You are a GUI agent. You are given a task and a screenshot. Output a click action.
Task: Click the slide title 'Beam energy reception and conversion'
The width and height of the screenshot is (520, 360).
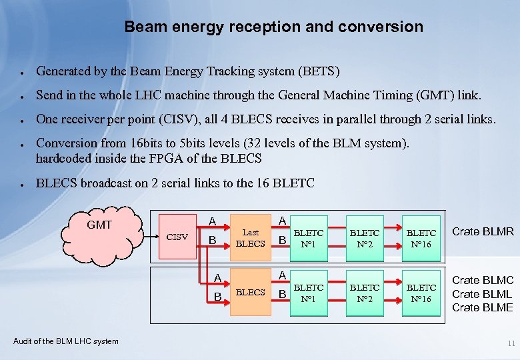coord(273,27)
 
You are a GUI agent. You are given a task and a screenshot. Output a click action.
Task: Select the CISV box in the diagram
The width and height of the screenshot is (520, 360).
coord(177,237)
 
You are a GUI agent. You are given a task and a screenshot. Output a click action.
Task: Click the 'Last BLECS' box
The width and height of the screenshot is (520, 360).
coord(251,238)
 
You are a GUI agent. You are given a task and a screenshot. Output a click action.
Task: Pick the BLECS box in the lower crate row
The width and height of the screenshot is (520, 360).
coord(251,293)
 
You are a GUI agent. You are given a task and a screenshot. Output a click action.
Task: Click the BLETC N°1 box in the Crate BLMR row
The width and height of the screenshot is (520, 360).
coord(309,238)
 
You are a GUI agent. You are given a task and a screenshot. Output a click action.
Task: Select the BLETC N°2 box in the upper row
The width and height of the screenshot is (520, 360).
coord(365,238)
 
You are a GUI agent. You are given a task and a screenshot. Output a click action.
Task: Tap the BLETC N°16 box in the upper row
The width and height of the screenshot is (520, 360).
coord(421,238)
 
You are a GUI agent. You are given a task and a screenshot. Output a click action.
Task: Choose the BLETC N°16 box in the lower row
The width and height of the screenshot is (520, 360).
coord(421,293)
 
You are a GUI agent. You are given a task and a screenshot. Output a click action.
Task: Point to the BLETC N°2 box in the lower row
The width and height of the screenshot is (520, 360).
coord(365,293)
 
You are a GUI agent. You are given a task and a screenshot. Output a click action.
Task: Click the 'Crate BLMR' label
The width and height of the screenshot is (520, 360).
coord(483,231)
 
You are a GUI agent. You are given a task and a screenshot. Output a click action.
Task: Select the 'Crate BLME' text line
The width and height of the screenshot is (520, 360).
coord(483,307)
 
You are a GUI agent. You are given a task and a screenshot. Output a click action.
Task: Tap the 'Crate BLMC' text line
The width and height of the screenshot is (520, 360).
coord(483,281)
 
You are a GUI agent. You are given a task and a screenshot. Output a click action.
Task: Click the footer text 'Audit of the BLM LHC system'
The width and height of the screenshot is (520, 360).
coord(66,341)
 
